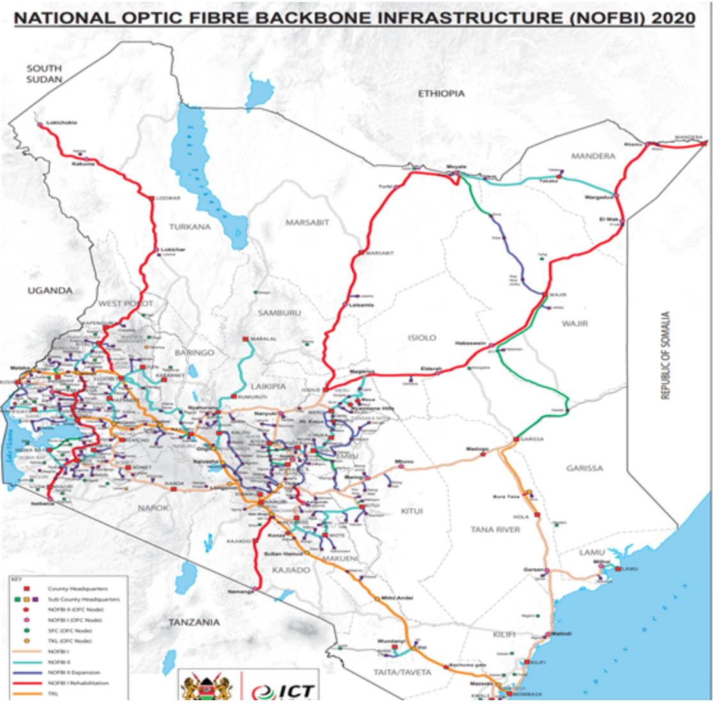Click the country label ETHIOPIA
pyautogui.click(x=441, y=93)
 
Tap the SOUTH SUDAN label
pyautogui.click(x=44, y=74)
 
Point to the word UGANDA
pyautogui.click(x=50, y=290)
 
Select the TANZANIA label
pyautogui.click(x=194, y=622)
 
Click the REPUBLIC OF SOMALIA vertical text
pyautogui.click(x=666, y=356)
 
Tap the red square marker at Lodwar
pyautogui.click(x=152, y=198)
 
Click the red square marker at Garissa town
pyautogui.click(x=516, y=439)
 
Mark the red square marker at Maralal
pyautogui.click(x=244, y=339)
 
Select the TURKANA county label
pyautogui.click(x=190, y=227)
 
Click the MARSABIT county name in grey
pyautogui.click(x=307, y=223)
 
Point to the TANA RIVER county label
pyautogui.click(x=495, y=529)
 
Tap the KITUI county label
pyautogui.click(x=412, y=511)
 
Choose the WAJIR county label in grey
pyautogui.click(x=574, y=324)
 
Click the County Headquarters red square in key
pyautogui.click(x=27, y=588)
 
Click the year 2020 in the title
pyautogui.click(x=673, y=17)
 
